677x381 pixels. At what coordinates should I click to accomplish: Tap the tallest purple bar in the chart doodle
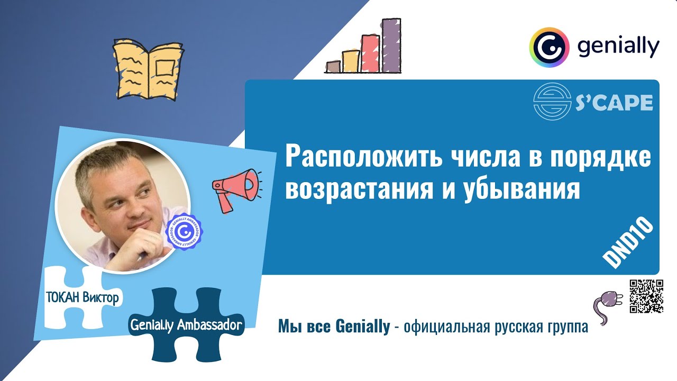(x=391, y=46)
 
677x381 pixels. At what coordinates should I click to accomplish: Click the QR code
(x=646, y=296)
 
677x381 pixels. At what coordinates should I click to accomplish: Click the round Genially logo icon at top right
(x=548, y=47)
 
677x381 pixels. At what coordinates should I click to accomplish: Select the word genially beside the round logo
(x=618, y=47)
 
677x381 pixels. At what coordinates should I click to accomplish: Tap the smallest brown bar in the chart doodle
(x=333, y=67)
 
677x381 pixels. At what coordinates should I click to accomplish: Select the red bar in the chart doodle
(x=369, y=53)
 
